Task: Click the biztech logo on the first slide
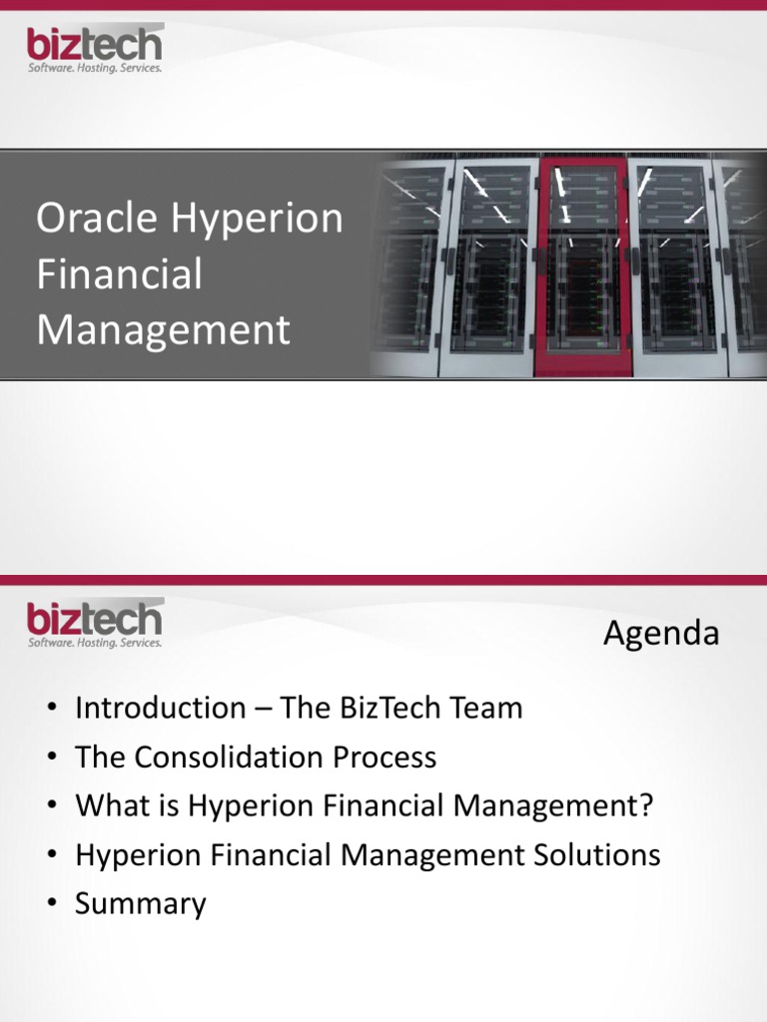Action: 94,48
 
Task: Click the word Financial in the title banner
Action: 119,274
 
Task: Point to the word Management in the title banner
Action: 163,329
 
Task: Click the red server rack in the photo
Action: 576,264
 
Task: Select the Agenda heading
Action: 660,634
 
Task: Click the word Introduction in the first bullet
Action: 160,709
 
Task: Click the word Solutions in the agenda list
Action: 599,855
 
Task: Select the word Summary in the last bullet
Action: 141,904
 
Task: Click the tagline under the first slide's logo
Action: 94,69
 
